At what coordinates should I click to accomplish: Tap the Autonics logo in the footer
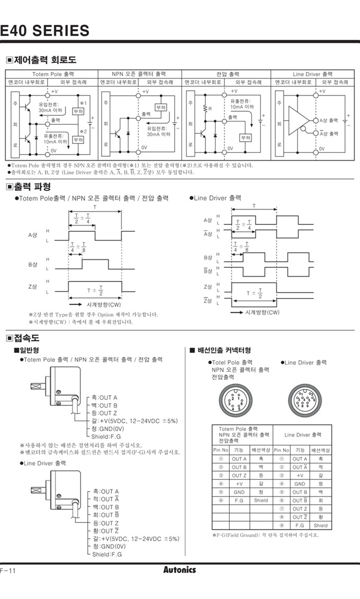pyautogui.click(x=179, y=570)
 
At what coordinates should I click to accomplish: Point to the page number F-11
pyautogui.click(x=8, y=570)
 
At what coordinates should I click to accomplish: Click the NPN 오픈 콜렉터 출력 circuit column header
pyautogui.click(x=139, y=74)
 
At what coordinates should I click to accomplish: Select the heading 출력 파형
pyautogui.click(x=32, y=186)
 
